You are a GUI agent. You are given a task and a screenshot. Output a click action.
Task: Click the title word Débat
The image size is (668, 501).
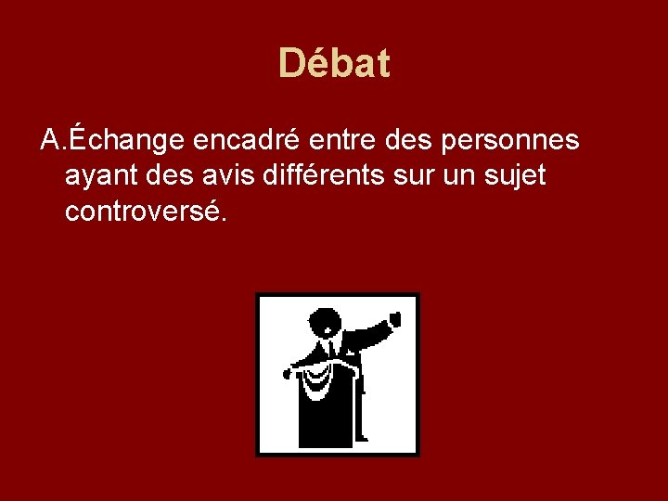coord(334,64)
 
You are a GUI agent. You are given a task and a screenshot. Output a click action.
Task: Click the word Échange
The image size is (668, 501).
coord(129,140)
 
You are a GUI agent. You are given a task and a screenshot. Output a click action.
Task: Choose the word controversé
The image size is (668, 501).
coord(144,211)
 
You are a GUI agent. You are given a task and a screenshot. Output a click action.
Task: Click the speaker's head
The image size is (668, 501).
coord(327,324)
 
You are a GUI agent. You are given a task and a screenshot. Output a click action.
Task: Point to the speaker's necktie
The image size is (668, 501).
coord(331,352)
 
